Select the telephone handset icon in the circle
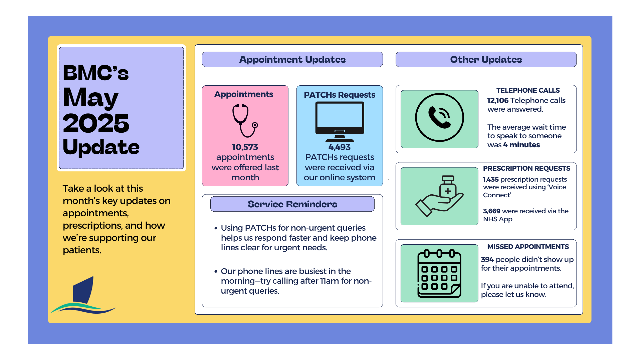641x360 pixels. [x=439, y=118]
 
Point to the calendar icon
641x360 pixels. [x=439, y=273]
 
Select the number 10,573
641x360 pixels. [x=245, y=147]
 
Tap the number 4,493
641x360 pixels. [x=340, y=147]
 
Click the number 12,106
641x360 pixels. [x=498, y=100]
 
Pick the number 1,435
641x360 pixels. [x=491, y=179]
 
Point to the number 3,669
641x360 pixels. [x=491, y=211]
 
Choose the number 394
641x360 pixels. [x=487, y=259]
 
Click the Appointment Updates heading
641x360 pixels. [x=292, y=59]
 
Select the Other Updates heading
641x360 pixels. [x=486, y=59]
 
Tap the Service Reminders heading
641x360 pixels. [x=292, y=204]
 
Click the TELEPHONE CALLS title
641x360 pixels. [x=528, y=90]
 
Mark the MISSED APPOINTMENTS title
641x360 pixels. [x=528, y=247]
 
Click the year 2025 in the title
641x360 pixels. [x=96, y=123]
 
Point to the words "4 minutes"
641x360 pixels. [x=521, y=145]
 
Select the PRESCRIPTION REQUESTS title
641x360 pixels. [x=526, y=168]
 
